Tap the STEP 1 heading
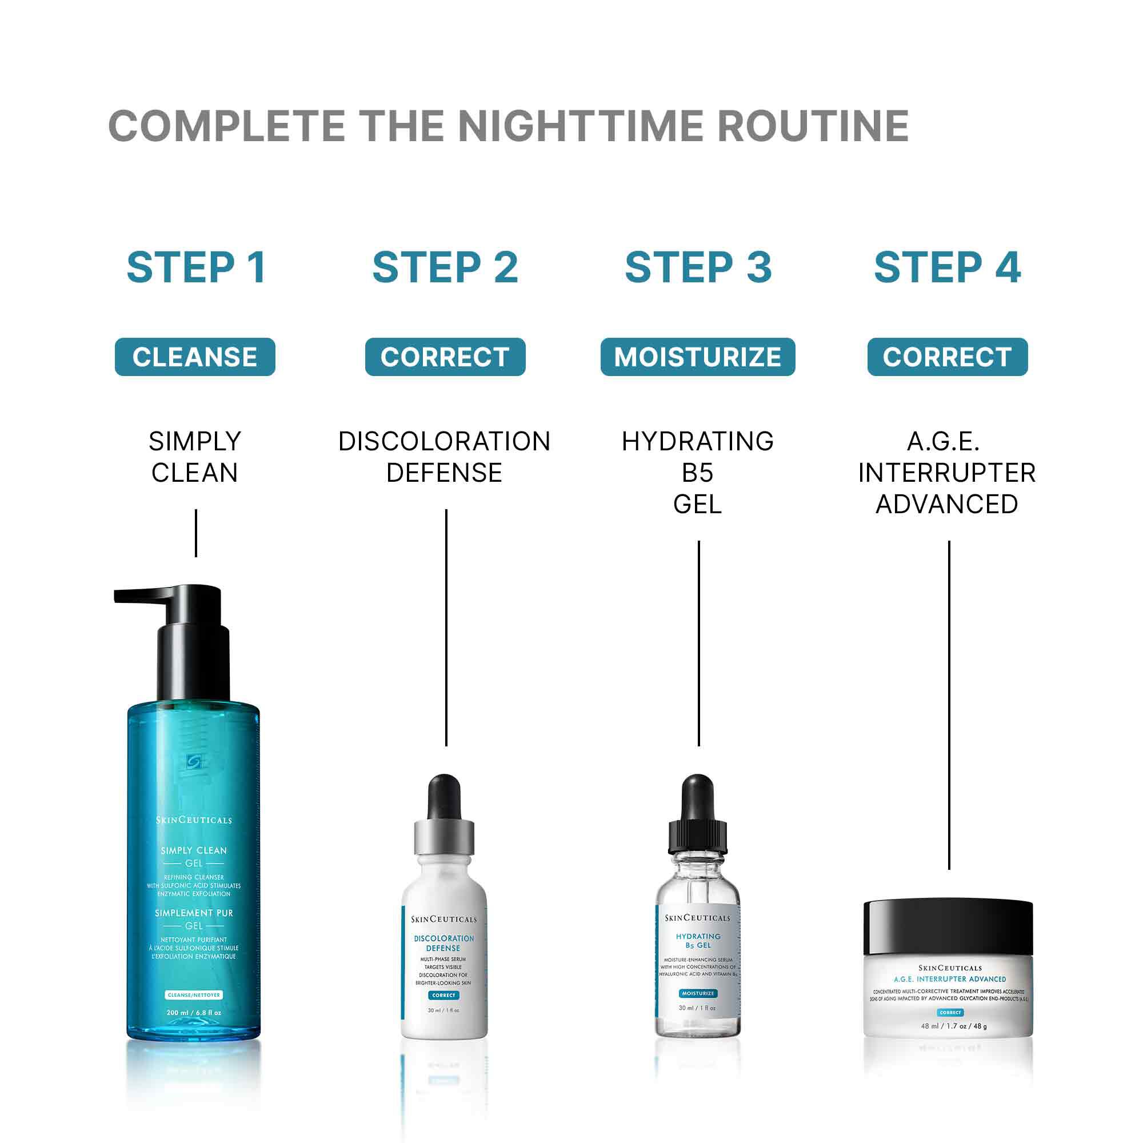click(x=196, y=267)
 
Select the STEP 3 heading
click(x=698, y=267)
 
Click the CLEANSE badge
click(x=195, y=357)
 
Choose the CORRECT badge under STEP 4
click(x=947, y=357)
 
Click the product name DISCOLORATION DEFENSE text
click(x=444, y=457)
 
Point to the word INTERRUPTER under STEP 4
click(x=946, y=473)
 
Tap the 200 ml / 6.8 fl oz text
click(x=194, y=1013)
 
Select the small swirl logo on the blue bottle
click(x=194, y=762)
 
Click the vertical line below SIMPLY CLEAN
click(x=196, y=533)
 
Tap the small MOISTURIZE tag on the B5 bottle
click(x=698, y=993)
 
